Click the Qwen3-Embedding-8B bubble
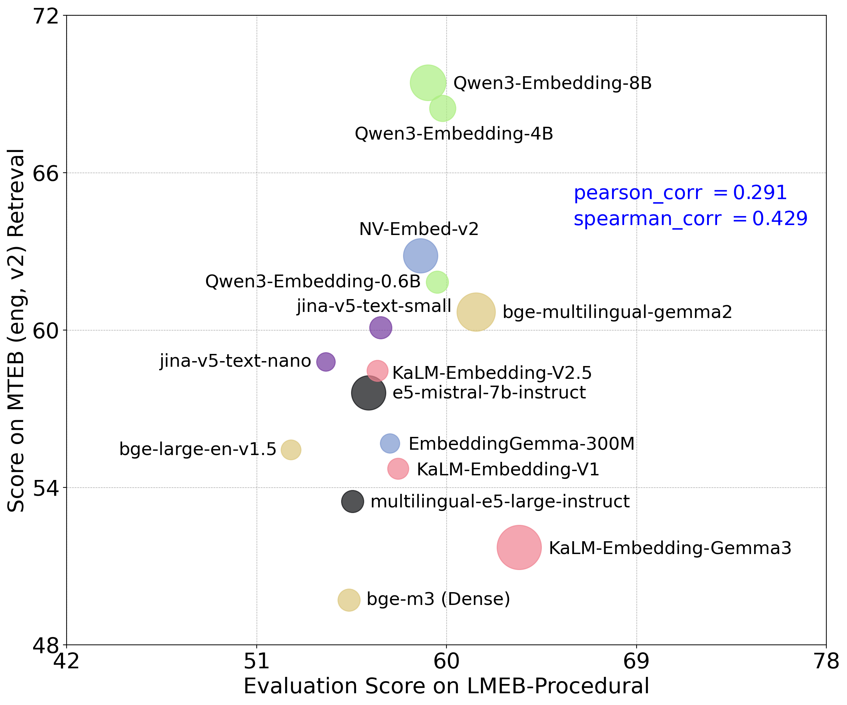(428, 82)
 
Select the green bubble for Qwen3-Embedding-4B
(443, 108)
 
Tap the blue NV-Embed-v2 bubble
(420, 256)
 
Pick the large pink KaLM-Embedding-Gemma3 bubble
(519, 547)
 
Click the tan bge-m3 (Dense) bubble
(349, 600)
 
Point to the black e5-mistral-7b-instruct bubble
(368, 393)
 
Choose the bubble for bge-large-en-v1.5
(291, 449)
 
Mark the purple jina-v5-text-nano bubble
(325, 361)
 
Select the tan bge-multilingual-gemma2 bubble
(476, 312)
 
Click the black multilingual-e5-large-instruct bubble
(352, 501)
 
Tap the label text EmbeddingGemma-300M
(521, 444)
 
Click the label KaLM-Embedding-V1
(508, 469)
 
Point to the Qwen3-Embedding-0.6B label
(313, 281)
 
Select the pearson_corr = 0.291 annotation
(680, 193)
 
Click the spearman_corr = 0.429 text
(690, 219)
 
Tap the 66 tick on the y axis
(45, 173)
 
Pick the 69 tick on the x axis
(636, 662)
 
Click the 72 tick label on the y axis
(45, 16)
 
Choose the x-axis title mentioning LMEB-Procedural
(446, 686)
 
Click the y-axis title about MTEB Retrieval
(17, 330)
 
